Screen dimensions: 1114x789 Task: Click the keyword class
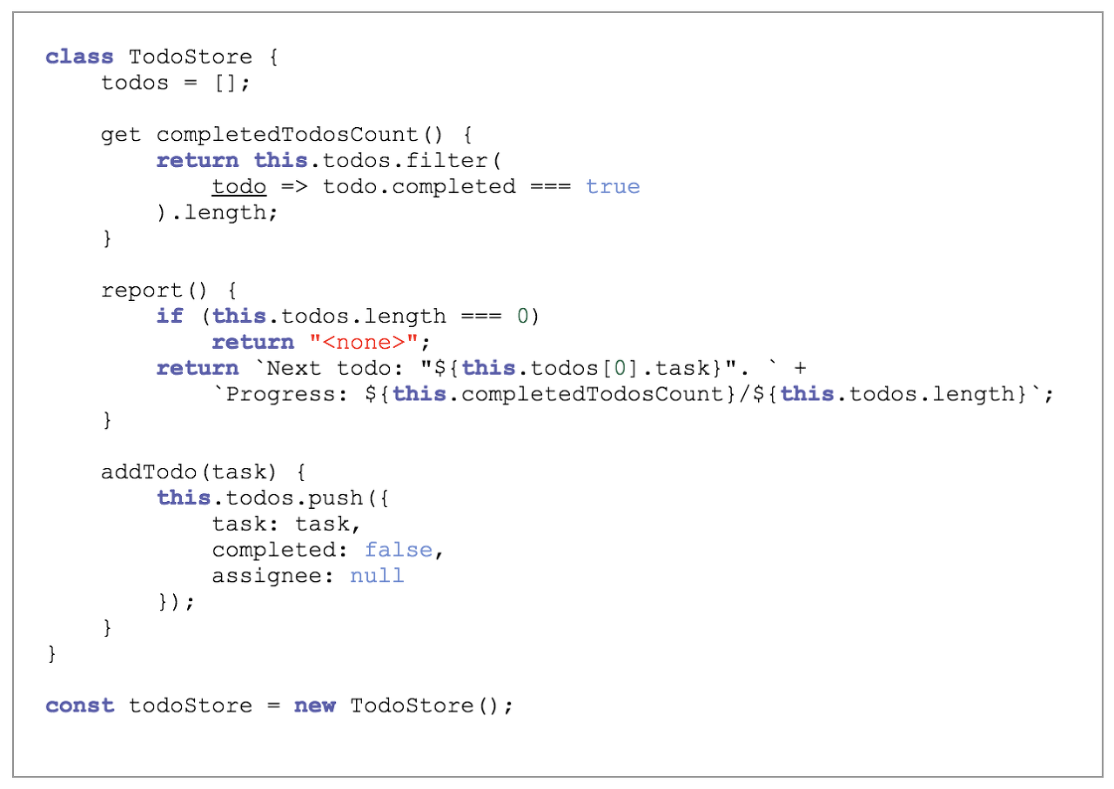(79, 57)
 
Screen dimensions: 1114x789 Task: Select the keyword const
(79, 705)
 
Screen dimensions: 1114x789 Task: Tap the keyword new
(315, 705)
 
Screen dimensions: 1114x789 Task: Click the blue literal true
(613, 186)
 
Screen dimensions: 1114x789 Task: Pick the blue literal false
(399, 550)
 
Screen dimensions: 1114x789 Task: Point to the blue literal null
(377, 576)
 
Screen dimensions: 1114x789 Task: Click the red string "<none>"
(364, 342)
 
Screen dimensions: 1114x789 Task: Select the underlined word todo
(239, 186)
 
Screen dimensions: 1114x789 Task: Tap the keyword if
(170, 316)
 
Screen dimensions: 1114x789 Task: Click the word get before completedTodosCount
(121, 135)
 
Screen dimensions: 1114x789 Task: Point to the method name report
(141, 291)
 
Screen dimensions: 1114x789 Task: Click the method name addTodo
(149, 471)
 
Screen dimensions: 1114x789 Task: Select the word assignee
(266, 576)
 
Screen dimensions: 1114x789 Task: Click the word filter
(446, 160)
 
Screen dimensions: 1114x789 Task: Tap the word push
(336, 498)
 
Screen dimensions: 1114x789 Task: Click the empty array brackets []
(225, 83)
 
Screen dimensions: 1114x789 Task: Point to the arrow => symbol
(294, 186)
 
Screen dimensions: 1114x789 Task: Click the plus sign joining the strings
(800, 368)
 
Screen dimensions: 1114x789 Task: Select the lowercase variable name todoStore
(191, 705)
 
